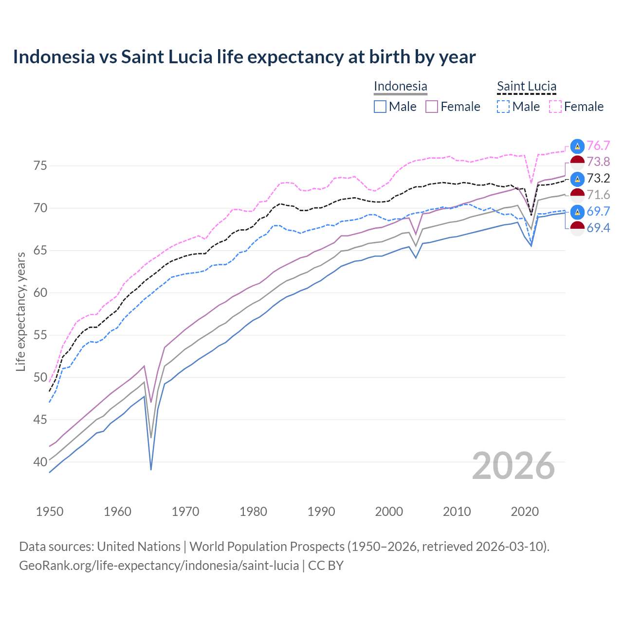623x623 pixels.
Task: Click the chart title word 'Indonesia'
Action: [x=54, y=57]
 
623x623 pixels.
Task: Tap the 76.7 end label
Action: [x=598, y=146]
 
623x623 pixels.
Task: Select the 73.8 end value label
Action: [x=598, y=162]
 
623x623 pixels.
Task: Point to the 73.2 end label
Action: [x=598, y=178]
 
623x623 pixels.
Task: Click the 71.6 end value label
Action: [x=598, y=195]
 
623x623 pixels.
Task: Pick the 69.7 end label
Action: [x=598, y=211]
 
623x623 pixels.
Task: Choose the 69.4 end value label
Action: [x=598, y=228]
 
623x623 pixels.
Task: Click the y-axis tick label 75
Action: [x=40, y=166]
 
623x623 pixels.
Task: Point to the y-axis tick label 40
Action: [x=40, y=462]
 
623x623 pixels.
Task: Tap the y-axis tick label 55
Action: [x=40, y=335]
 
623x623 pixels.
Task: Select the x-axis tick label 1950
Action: [x=50, y=512]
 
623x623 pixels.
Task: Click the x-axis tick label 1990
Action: [x=321, y=512]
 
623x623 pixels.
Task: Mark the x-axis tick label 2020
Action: [x=525, y=512]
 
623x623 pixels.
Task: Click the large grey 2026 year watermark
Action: [x=513, y=466]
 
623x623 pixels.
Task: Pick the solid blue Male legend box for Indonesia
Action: [x=380, y=107]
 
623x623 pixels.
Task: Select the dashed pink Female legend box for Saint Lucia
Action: [x=555, y=107]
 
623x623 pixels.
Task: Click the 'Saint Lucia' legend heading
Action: [x=527, y=86]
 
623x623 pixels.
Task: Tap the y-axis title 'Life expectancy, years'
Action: [x=20, y=311]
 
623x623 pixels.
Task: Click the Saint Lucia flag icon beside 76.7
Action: [x=577, y=146]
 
